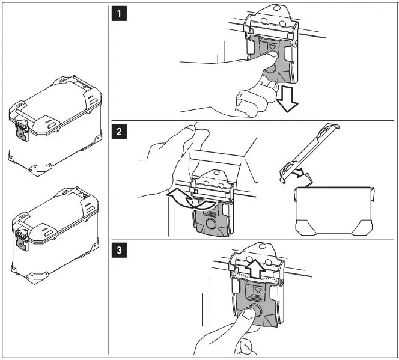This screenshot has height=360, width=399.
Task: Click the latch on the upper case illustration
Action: coord(22,129)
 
